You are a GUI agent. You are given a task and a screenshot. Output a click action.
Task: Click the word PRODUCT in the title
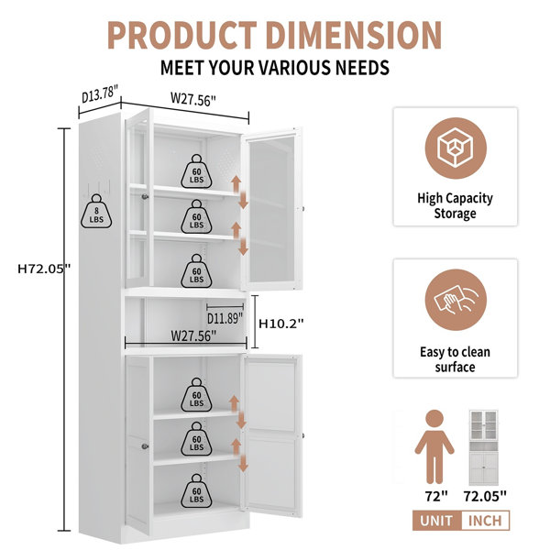(182, 35)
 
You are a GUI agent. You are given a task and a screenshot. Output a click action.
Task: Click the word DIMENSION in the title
(354, 35)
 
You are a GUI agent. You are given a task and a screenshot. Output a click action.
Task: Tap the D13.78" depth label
(99, 94)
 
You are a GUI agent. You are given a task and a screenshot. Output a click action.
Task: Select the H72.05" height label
(44, 269)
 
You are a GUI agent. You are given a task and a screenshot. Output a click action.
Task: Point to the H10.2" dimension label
(281, 324)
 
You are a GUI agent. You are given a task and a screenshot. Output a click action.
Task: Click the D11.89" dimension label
(225, 318)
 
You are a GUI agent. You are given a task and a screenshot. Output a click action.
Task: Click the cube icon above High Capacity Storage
(456, 148)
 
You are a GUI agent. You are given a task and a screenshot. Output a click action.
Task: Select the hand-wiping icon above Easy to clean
(456, 300)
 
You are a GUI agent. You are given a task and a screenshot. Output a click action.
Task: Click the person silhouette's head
(434, 420)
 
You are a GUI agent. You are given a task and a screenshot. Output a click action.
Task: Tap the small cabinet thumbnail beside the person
(484, 447)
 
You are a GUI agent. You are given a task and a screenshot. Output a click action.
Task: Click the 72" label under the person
(436, 496)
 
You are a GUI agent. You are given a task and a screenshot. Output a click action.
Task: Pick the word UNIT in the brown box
(436, 521)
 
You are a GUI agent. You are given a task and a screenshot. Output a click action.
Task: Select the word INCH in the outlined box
(485, 521)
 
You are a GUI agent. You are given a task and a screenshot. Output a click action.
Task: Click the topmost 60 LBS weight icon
(196, 171)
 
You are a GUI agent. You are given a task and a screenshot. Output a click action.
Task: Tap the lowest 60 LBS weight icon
(196, 491)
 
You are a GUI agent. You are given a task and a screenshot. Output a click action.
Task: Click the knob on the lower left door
(145, 446)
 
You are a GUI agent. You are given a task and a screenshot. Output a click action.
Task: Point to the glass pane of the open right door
(272, 209)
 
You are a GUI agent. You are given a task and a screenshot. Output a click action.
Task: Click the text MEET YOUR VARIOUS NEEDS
(275, 68)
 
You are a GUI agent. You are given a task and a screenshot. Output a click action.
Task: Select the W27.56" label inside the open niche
(193, 335)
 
